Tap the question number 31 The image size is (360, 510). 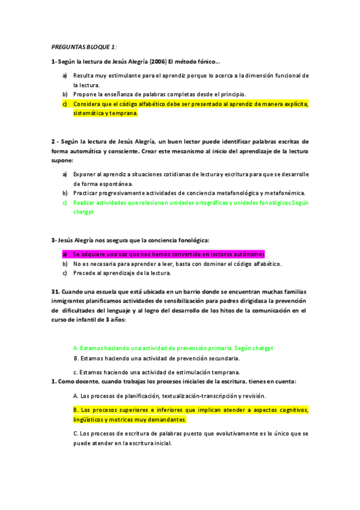55,291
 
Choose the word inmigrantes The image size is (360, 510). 68,301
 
